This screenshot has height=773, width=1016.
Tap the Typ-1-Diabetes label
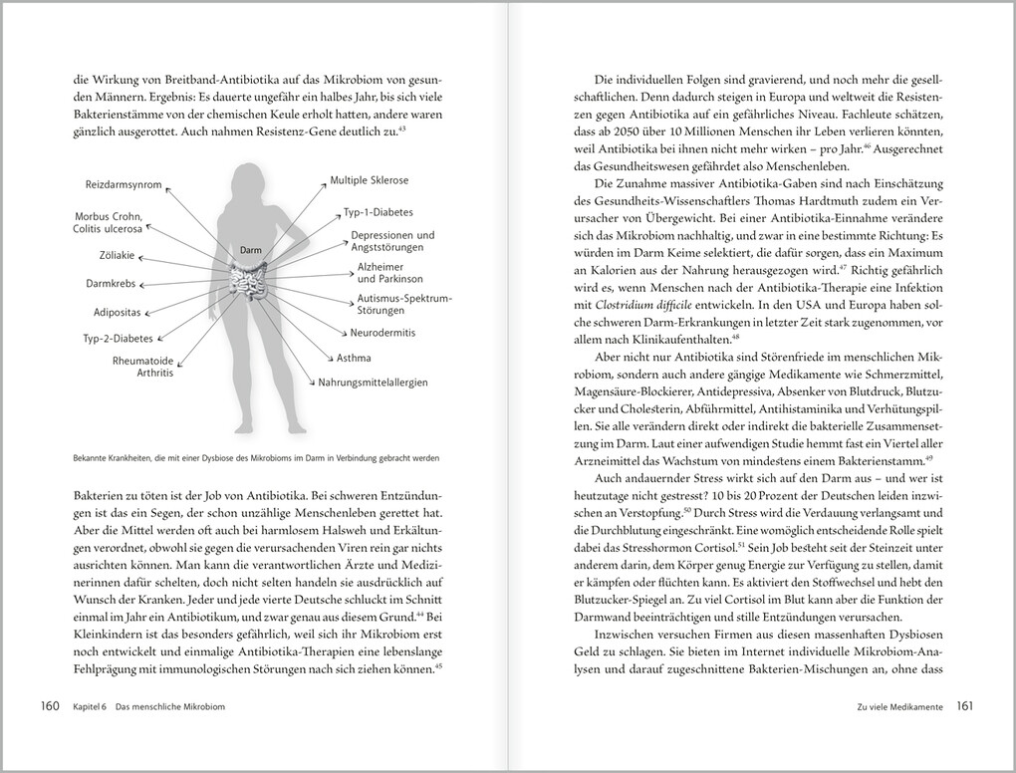(x=379, y=213)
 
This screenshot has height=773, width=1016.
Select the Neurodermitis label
(x=382, y=332)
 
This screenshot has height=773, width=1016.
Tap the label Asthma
(x=356, y=358)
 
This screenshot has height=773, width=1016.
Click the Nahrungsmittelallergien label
(x=374, y=382)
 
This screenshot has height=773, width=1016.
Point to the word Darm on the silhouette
(x=250, y=251)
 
